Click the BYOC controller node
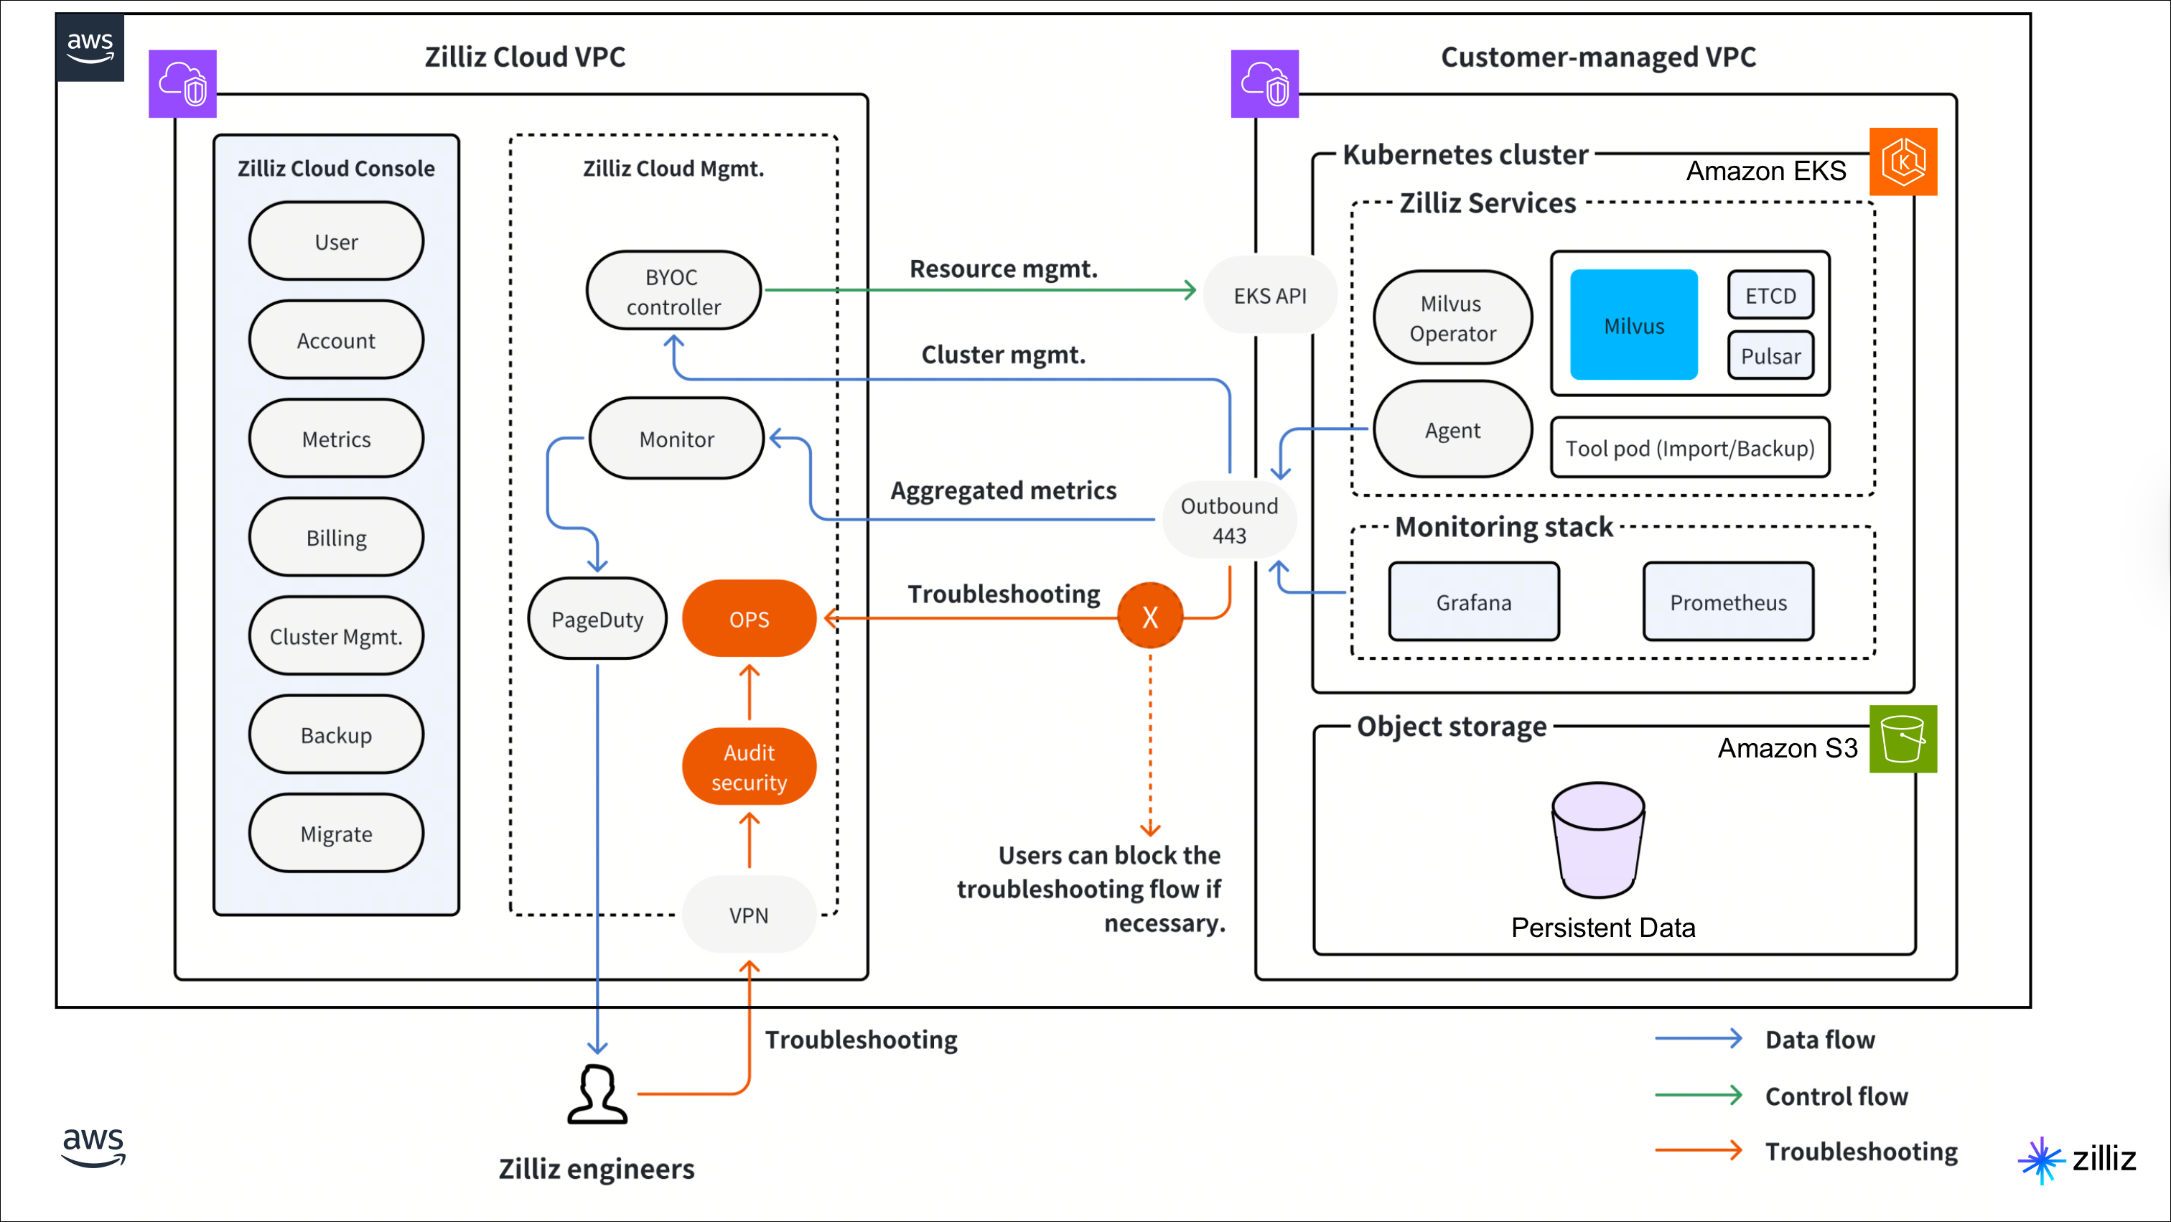(x=673, y=291)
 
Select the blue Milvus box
(x=1633, y=325)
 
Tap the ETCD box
(x=1770, y=295)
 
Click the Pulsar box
(x=1770, y=355)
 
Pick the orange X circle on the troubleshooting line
(x=1149, y=617)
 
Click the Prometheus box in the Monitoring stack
(x=1728, y=602)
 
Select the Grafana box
(x=1473, y=602)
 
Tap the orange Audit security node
(x=748, y=767)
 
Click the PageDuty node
(x=597, y=620)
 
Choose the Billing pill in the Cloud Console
(x=335, y=538)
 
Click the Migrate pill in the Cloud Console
(x=335, y=834)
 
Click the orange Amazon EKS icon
(x=1902, y=162)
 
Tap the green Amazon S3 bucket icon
(x=1902, y=739)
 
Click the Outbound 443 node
(x=1229, y=520)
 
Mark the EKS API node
(x=1269, y=296)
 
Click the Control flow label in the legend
(x=1836, y=1096)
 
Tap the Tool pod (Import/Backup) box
(x=1689, y=447)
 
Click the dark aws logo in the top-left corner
(x=90, y=47)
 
